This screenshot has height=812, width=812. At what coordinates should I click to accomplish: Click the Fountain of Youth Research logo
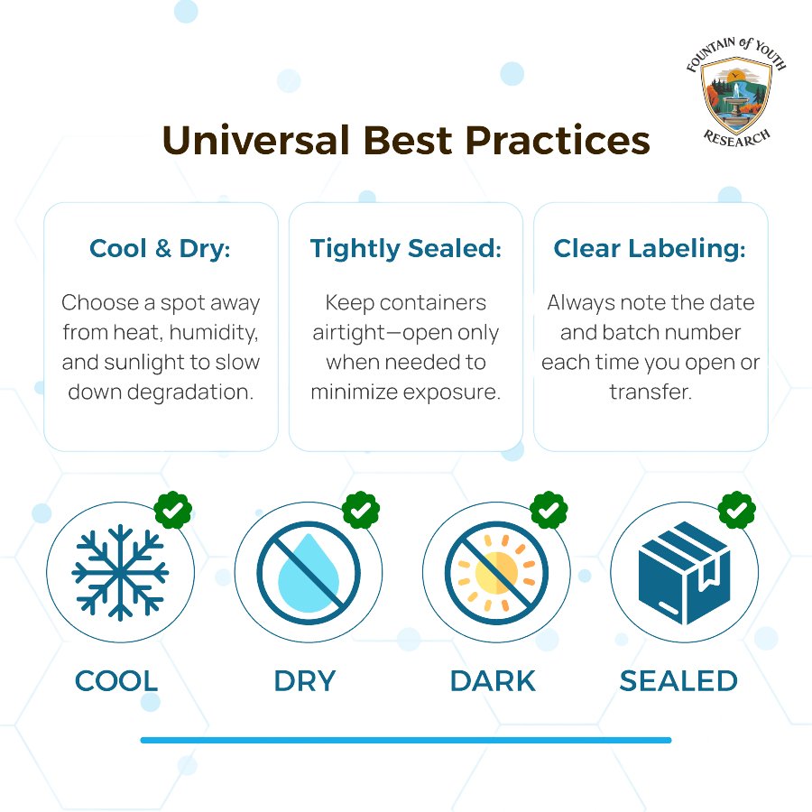point(736,92)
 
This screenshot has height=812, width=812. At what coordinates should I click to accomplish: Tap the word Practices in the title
point(558,141)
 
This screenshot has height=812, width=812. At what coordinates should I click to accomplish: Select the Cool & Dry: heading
point(160,249)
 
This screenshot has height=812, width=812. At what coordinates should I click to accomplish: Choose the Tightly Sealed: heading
point(406,249)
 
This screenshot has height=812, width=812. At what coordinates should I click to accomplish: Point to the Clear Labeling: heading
point(650,249)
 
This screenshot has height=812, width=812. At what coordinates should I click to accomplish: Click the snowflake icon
point(120,573)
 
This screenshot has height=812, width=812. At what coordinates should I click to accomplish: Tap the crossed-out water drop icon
point(309,573)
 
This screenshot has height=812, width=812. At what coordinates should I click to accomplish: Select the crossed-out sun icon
point(496,573)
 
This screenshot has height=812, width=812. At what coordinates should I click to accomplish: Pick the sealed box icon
point(685,574)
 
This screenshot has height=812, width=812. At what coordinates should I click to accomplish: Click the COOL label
point(116,681)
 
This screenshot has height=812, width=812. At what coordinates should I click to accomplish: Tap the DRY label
point(305,681)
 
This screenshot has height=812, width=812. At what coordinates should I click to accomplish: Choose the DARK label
point(493,681)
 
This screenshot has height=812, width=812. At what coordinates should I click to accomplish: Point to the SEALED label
point(678,681)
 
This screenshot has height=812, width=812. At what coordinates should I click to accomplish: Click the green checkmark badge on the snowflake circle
point(173,510)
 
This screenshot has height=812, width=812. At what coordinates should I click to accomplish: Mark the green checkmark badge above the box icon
point(737,510)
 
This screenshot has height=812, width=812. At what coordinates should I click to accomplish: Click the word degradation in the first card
point(190,392)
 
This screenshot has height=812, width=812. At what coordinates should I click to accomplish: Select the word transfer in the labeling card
point(651,392)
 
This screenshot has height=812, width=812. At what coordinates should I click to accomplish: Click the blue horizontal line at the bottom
point(406,740)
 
